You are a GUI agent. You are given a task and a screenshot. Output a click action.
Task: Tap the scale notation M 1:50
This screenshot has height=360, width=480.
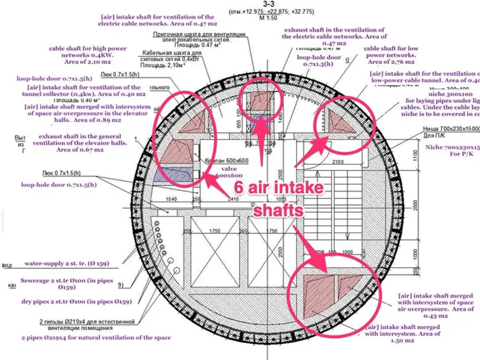click(x=240, y=18)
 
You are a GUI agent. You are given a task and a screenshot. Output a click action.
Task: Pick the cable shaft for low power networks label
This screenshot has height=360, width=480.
click(x=389, y=55)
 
